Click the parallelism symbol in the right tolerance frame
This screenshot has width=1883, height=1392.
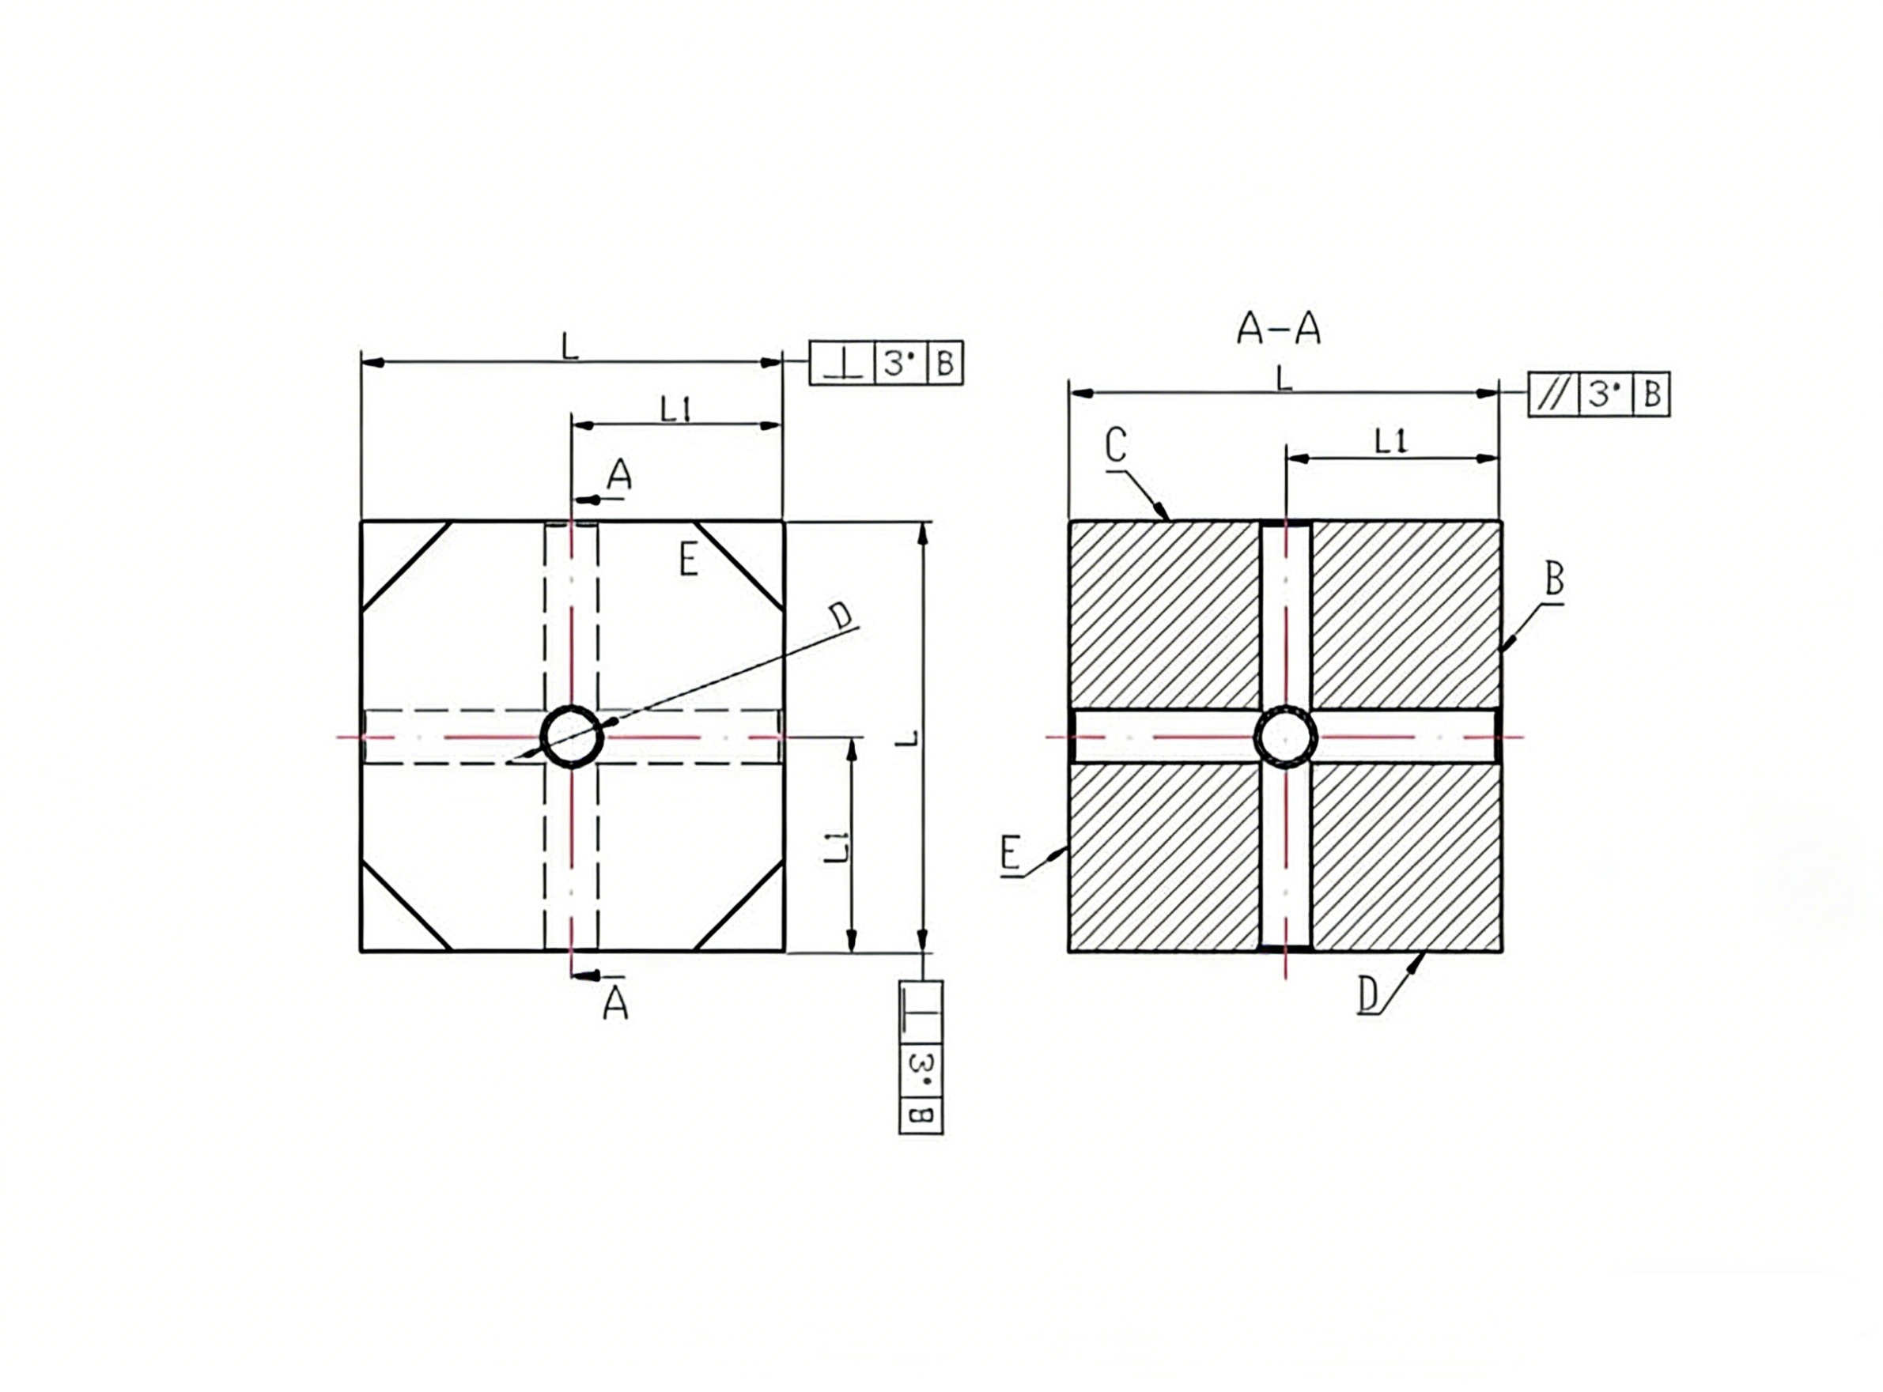click(x=1552, y=394)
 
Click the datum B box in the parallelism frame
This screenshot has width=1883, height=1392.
click(x=1652, y=394)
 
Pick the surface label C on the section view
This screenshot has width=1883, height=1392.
click(x=1116, y=445)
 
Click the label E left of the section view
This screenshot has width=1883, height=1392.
click(x=1011, y=853)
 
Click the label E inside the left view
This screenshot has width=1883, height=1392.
click(x=689, y=559)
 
